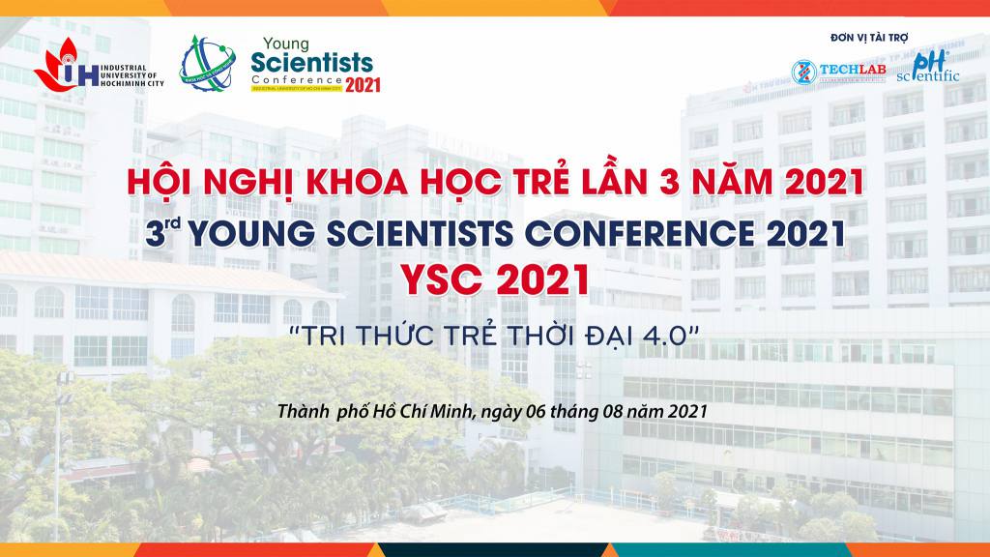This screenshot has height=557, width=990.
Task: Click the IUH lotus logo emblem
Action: point(60,64)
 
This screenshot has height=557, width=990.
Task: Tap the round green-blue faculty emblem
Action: point(206,65)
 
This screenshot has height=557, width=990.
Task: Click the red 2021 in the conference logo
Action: point(363,84)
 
